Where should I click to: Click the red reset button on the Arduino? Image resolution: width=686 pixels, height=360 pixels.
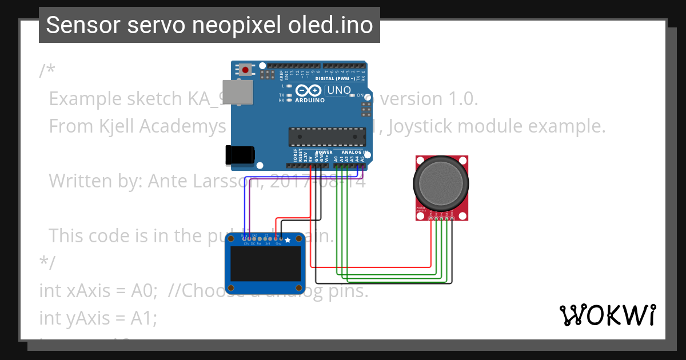pos(246,70)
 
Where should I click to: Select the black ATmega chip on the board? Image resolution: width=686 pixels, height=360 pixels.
pos(326,137)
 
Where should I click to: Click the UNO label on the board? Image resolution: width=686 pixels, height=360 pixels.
pos(338,90)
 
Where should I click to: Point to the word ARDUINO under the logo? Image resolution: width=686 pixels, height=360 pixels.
pos(309,100)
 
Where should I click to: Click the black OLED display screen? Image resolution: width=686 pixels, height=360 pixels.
pos(264,263)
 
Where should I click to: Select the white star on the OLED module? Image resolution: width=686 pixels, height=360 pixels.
pos(288,240)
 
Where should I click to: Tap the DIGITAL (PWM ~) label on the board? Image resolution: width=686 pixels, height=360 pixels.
pos(334,78)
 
